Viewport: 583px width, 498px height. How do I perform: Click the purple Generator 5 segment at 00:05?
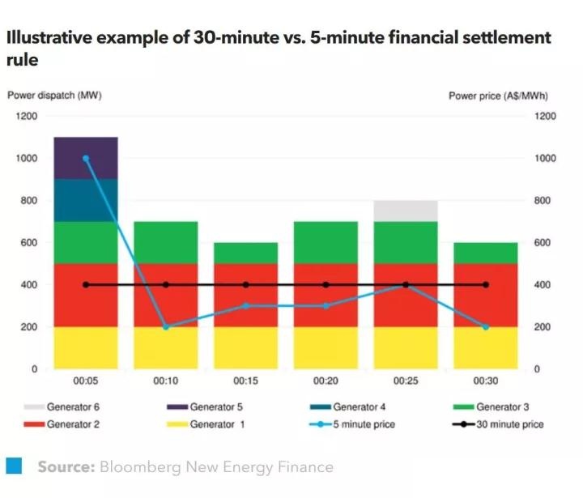pos(86,158)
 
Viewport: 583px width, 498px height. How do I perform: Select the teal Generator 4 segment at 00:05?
pos(86,200)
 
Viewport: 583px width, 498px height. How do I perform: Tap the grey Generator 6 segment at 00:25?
pos(406,211)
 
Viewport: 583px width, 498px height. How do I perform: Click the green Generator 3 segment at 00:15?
pos(245,253)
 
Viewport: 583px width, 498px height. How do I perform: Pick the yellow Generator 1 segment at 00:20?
pos(326,347)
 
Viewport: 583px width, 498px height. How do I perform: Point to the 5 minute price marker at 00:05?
pos(86,159)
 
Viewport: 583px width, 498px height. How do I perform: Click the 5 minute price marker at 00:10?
pos(166,327)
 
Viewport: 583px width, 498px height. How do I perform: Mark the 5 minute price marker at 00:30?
pos(486,327)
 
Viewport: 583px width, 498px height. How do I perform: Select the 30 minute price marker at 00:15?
pos(245,285)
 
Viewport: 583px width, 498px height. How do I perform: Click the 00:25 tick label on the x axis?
pos(406,381)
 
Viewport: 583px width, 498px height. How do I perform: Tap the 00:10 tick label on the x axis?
pos(166,381)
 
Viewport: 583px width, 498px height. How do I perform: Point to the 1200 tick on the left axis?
pos(27,116)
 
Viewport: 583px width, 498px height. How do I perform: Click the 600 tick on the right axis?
pos(545,243)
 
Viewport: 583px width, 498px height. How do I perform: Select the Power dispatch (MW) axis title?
pos(54,96)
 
